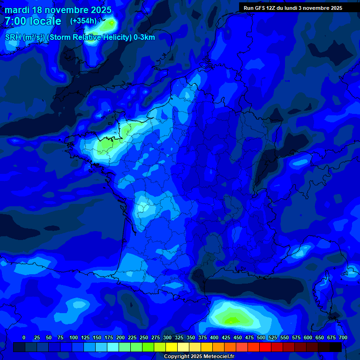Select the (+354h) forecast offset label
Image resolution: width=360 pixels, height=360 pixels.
coord(83,21)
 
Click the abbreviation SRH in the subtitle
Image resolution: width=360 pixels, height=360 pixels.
coord(13,37)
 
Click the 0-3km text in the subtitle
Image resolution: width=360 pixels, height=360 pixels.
coord(144,37)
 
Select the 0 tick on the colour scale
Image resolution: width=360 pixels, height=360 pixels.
coord(24,338)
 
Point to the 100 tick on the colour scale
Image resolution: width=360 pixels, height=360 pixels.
coord(73,338)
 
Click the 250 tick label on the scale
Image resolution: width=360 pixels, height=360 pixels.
coord(143,338)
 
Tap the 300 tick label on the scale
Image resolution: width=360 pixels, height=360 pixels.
coord(167,338)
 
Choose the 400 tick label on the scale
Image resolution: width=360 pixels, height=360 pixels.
coord(214,338)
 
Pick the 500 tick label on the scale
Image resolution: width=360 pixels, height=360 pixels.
coord(261,338)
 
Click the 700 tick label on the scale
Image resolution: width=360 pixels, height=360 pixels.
coord(343,338)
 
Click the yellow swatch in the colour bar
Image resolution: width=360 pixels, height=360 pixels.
coord(172,347)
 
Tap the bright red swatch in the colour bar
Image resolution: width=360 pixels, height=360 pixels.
coord(265,347)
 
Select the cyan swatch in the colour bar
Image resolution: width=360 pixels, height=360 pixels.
coord(113,347)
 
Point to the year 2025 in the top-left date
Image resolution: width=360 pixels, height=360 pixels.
coord(101,10)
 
